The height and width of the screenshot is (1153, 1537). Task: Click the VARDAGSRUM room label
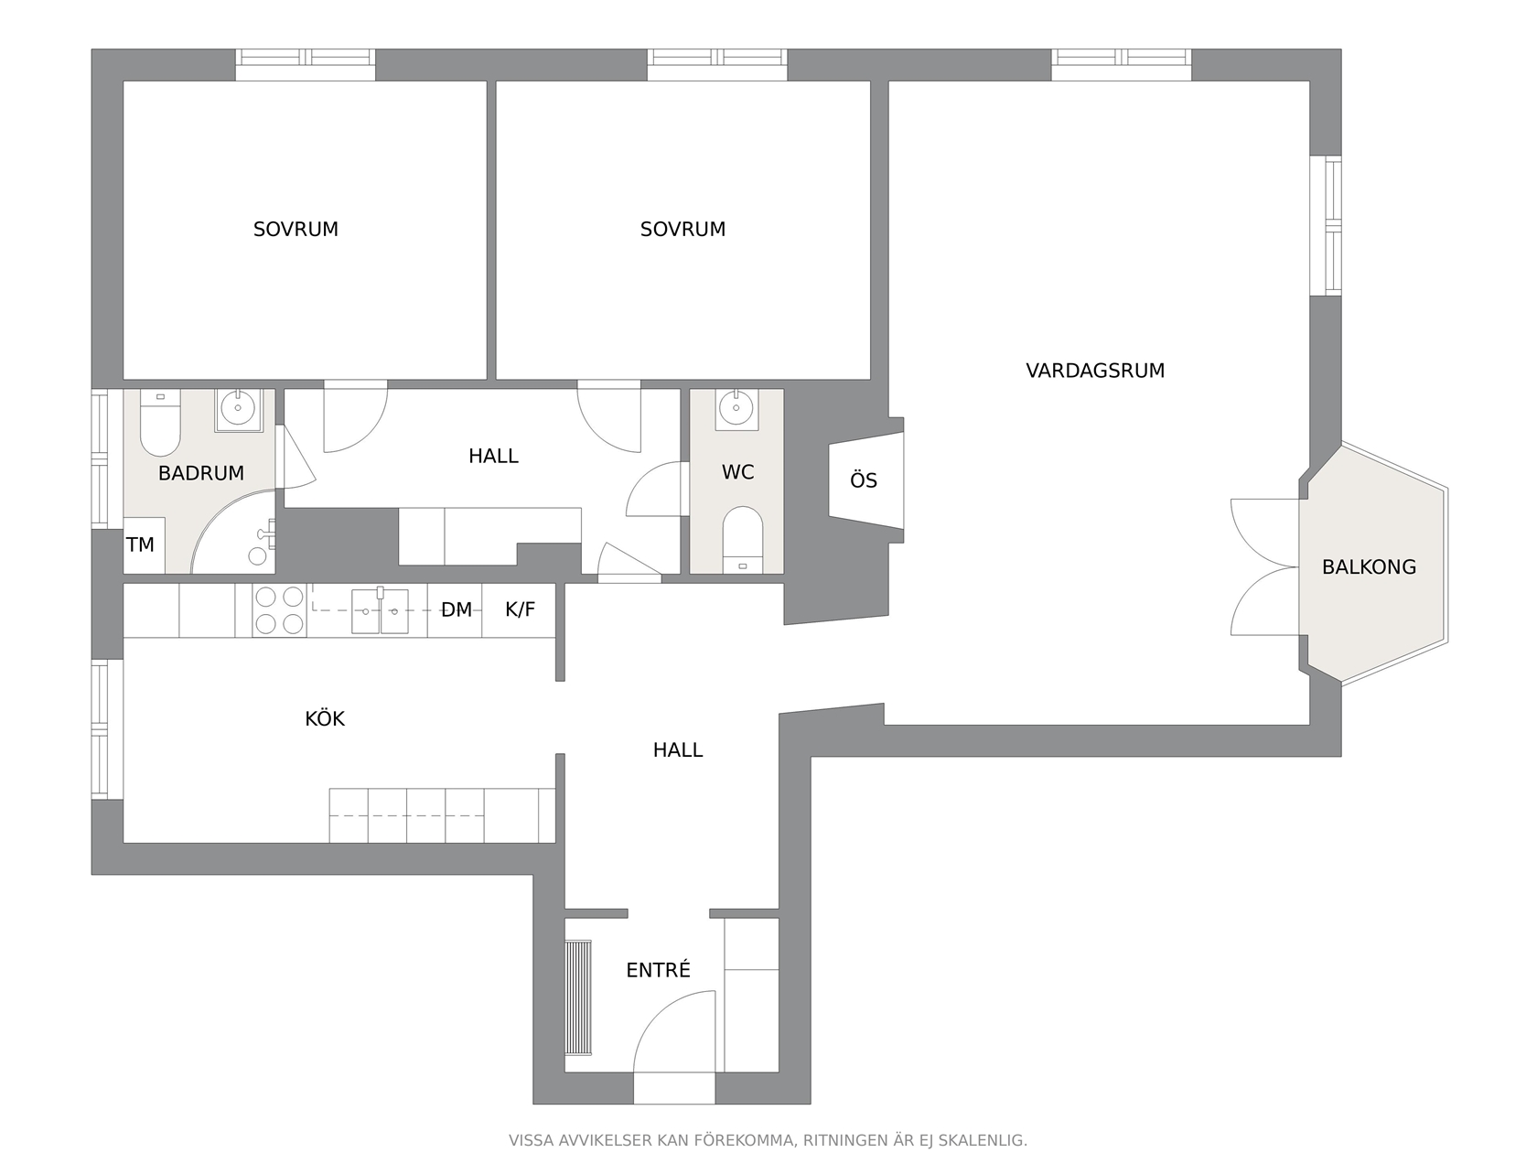1094,371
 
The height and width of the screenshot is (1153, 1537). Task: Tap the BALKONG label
1369,567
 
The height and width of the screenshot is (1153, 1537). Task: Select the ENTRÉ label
658,969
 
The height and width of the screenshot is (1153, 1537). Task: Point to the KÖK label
324,718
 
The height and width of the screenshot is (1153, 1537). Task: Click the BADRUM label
201,473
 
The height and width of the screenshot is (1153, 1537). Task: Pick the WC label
737,472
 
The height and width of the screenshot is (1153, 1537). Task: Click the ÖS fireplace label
864,480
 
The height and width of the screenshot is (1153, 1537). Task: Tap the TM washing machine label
140,544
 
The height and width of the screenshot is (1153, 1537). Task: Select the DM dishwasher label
457,609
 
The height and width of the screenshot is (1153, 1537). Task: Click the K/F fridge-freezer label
520,609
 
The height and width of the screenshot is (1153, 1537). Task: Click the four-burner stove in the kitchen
279,610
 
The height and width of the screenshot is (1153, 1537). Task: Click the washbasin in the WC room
736,409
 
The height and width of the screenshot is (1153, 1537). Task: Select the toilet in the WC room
742,540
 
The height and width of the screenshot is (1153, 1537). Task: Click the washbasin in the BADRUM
238,409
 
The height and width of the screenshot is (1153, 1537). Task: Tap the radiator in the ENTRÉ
578,997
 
